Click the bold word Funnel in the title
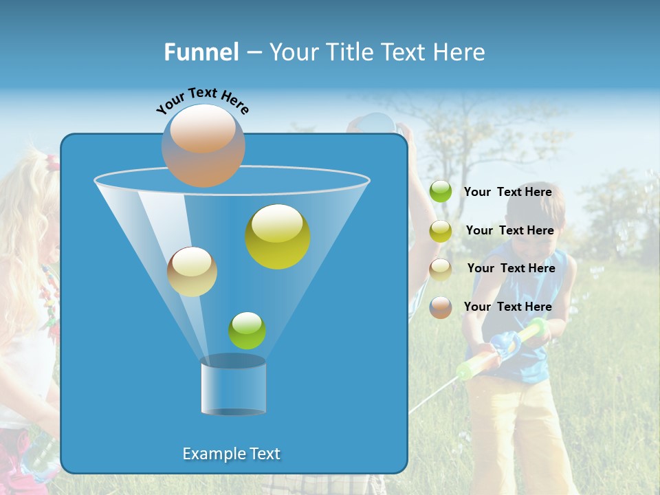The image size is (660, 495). pyautogui.click(x=201, y=52)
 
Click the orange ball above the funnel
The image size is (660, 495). pyautogui.click(x=203, y=146)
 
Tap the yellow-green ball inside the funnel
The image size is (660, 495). pyautogui.click(x=278, y=236)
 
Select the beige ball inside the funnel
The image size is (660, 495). pyautogui.click(x=192, y=272)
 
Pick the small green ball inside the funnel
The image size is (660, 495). pyautogui.click(x=247, y=331)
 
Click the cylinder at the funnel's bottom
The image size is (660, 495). pyautogui.click(x=233, y=386)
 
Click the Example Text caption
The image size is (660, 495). pyautogui.click(x=232, y=454)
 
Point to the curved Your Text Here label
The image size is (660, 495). pyautogui.click(x=202, y=100)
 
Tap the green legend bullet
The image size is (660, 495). pyautogui.click(x=441, y=192)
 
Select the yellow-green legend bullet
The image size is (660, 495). pyautogui.click(x=441, y=231)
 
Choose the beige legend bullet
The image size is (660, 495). pyautogui.click(x=441, y=269)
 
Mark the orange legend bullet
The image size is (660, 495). pyautogui.click(x=441, y=307)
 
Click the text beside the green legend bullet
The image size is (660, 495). pyautogui.click(x=507, y=192)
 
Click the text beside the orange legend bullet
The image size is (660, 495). pyautogui.click(x=507, y=307)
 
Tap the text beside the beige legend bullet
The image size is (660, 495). pyautogui.click(x=511, y=268)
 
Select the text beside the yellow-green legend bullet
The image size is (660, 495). pyautogui.click(x=509, y=230)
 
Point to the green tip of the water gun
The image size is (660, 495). pyautogui.click(x=465, y=372)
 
